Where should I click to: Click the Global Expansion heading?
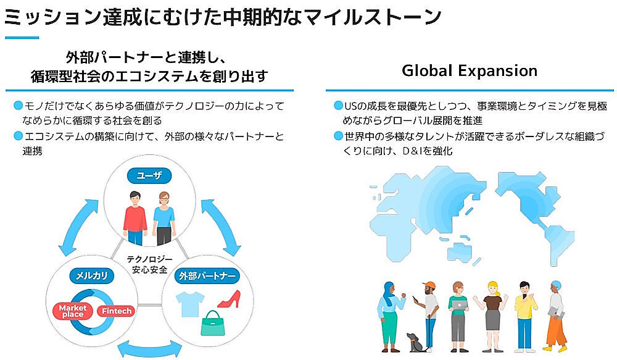[x=470, y=70]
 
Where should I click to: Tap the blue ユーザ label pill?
[x=149, y=176]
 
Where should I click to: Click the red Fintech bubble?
[x=116, y=311]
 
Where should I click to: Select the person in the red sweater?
[x=135, y=217]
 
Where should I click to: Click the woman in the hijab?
[x=389, y=315]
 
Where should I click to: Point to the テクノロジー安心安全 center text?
[x=149, y=264]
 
